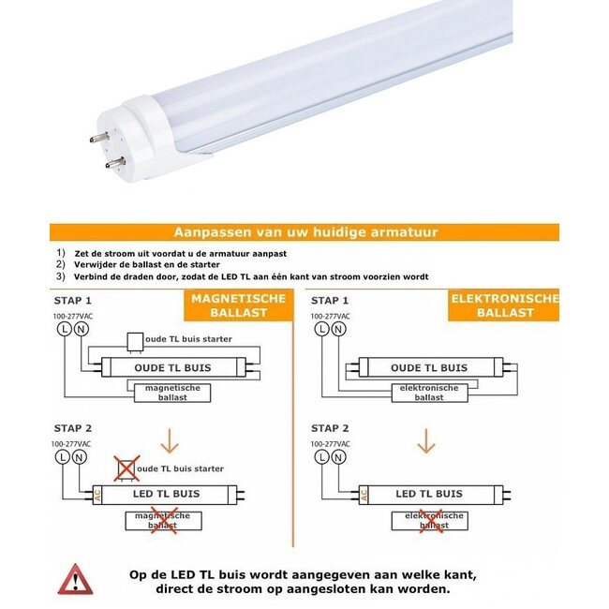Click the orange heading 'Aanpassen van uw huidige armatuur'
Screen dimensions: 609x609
(x=305, y=232)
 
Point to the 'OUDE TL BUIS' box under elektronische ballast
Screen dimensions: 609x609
(x=428, y=368)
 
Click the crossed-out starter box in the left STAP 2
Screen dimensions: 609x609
(x=126, y=468)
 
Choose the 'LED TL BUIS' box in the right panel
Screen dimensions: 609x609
(x=428, y=494)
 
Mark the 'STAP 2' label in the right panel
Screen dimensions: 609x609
(x=331, y=425)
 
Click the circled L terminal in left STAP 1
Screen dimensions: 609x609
(x=63, y=329)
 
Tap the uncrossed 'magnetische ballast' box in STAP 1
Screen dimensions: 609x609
(x=171, y=393)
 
